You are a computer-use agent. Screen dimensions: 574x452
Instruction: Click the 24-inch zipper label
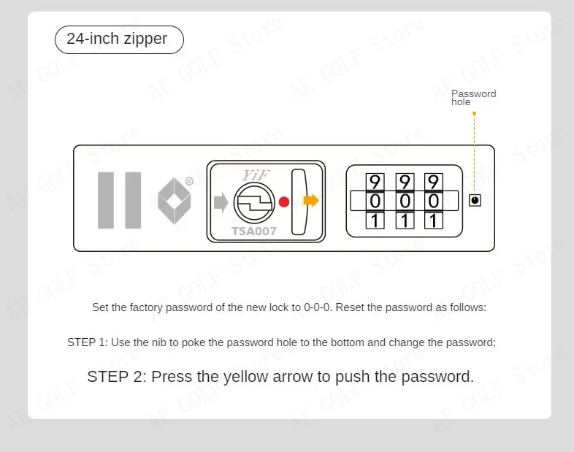click(117, 39)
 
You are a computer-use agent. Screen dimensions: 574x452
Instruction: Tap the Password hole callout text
click(473, 98)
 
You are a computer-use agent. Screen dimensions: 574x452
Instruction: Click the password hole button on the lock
click(475, 200)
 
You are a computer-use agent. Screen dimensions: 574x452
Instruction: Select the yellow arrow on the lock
click(311, 201)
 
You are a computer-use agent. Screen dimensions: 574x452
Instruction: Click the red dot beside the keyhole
click(284, 202)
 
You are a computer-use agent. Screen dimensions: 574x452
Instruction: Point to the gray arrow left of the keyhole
click(221, 202)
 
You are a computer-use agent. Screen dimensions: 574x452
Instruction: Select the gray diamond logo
click(174, 202)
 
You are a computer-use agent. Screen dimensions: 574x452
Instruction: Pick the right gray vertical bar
click(133, 200)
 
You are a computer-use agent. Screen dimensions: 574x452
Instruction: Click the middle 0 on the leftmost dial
click(375, 201)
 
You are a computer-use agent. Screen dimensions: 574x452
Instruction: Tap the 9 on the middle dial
click(405, 181)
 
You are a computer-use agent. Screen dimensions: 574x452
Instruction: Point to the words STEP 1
click(87, 342)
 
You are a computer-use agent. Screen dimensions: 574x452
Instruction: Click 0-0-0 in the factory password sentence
click(318, 307)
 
